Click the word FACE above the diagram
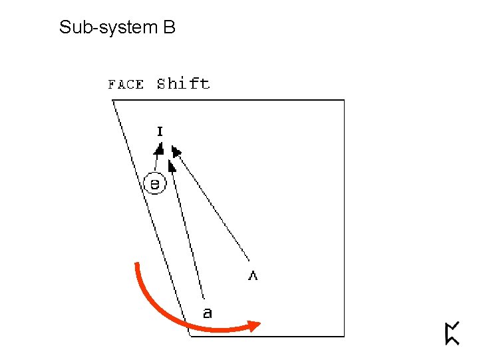(x=126, y=84)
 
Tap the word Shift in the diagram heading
(x=183, y=83)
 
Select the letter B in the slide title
(x=168, y=27)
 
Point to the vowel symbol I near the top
(x=160, y=131)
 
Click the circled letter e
(x=154, y=183)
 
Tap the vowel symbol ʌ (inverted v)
(x=253, y=275)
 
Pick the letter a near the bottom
(x=208, y=312)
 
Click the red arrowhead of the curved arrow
(x=253, y=325)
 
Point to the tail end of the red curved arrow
(x=136, y=265)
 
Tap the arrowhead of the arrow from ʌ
(x=176, y=151)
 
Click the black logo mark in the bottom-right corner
(x=452, y=333)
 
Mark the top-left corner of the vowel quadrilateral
(x=112, y=100)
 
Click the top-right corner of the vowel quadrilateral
(x=344, y=100)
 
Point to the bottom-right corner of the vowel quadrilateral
(x=344, y=336)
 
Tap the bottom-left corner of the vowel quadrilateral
(x=191, y=336)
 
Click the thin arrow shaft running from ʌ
(x=213, y=207)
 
